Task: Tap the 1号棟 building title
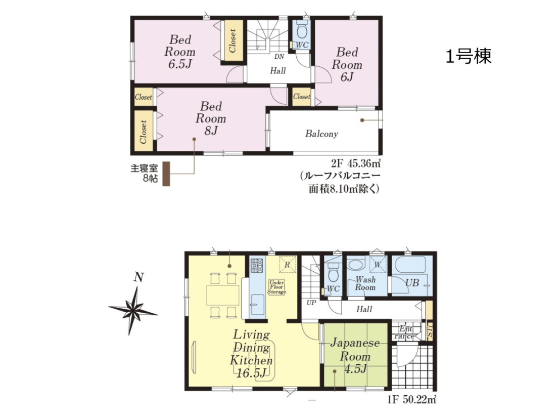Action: (x=469, y=56)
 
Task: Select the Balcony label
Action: (x=321, y=134)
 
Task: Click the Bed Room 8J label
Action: (x=211, y=118)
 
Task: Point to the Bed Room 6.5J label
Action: (x=180, y=52)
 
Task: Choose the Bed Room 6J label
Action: (x=347, y=65)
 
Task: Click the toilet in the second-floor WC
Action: (x=302, y=29)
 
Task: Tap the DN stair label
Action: (x=279, y=57)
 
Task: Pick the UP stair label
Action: (x=311, y=303)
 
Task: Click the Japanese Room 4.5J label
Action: (x=355, y=356)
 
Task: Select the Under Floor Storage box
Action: (x=276, y=287)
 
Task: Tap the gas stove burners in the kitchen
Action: (x=257, y=266)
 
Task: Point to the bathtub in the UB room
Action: (x=410, y=269)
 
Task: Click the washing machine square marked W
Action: (x=377, y=264)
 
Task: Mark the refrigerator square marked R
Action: (x=288, y=264)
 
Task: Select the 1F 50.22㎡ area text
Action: (x=411, y=400)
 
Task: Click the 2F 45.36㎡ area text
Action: (x=356, y=163)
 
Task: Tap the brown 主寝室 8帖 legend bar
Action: (x=166, y=174)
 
